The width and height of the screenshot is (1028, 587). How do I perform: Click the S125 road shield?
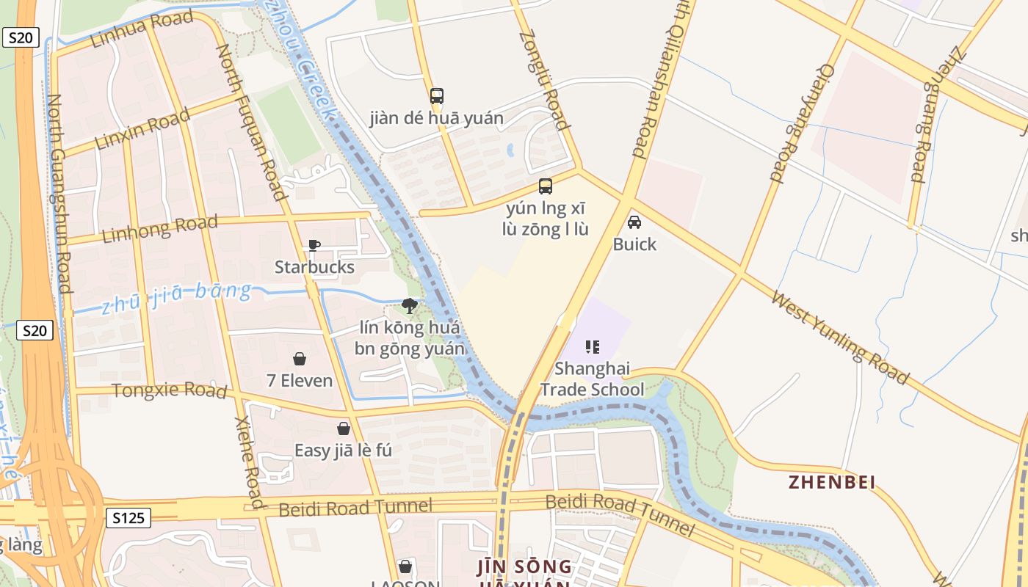[x=128, y=518]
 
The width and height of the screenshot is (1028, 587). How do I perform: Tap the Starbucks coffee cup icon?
[x=314, y=245]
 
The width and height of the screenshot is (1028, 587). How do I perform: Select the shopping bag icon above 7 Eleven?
[x=300, y=359]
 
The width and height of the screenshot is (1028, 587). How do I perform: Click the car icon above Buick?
[x=634, y=222]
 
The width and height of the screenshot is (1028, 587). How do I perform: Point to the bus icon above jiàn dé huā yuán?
[x=437, y=96]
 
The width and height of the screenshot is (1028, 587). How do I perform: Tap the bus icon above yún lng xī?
[x=545, y=186]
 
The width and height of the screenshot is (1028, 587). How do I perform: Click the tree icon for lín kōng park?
[x=410, y=305]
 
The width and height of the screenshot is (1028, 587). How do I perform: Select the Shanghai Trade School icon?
[x=593, y=347]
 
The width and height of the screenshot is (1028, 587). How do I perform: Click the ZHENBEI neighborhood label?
[x=832, y=482]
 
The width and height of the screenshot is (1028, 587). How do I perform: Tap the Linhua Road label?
[x=142, y=30]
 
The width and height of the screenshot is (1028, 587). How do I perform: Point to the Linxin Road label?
[x=142, y=128]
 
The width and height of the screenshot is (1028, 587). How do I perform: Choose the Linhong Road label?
[x=159, y=229]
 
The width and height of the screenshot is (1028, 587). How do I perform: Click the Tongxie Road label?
[x=169, y=390]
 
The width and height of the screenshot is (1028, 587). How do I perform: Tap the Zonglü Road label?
[x=544, y=79]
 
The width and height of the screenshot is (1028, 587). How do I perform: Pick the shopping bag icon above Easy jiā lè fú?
[x=343, y=429]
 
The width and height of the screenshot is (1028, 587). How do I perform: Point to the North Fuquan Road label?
[x=250, y=122]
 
